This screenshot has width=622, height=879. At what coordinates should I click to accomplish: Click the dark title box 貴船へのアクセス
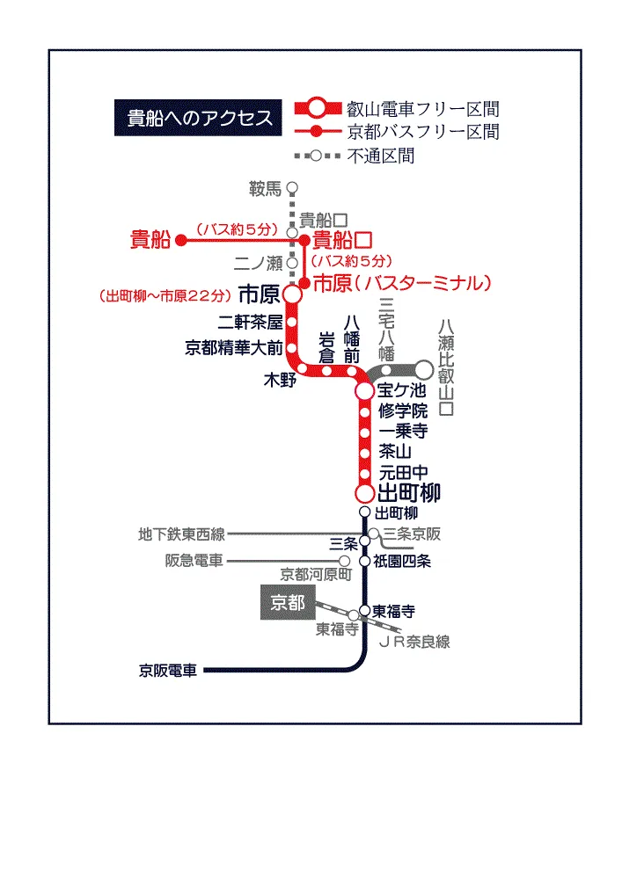198,118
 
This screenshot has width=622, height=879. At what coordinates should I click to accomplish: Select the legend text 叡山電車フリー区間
423,108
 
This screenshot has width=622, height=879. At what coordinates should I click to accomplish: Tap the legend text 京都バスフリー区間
423,132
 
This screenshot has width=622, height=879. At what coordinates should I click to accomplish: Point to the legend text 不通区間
381,156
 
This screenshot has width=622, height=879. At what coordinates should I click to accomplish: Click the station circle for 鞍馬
292,187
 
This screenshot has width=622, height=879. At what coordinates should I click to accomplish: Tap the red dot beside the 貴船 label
180,240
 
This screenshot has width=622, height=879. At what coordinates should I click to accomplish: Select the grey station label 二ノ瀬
259,262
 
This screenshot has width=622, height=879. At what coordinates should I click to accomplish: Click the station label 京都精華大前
234,347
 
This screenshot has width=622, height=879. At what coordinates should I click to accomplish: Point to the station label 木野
280,380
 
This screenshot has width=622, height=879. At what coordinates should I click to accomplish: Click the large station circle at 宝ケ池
364,391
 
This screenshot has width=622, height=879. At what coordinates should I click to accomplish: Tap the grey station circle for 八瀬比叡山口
424,370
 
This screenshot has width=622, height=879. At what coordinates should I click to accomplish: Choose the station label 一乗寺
403,431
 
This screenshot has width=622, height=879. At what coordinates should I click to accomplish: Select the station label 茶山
395,451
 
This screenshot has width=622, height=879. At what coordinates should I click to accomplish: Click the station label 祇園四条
402,561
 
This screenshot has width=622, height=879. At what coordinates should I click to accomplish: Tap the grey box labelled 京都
288,602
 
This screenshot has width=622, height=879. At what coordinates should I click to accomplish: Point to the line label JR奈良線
414,642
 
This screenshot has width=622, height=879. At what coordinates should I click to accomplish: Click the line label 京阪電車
168,671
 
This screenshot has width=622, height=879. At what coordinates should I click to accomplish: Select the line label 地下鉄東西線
181,534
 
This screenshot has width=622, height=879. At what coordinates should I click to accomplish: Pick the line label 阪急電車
194,561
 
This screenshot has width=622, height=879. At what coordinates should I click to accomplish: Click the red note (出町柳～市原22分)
165,295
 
